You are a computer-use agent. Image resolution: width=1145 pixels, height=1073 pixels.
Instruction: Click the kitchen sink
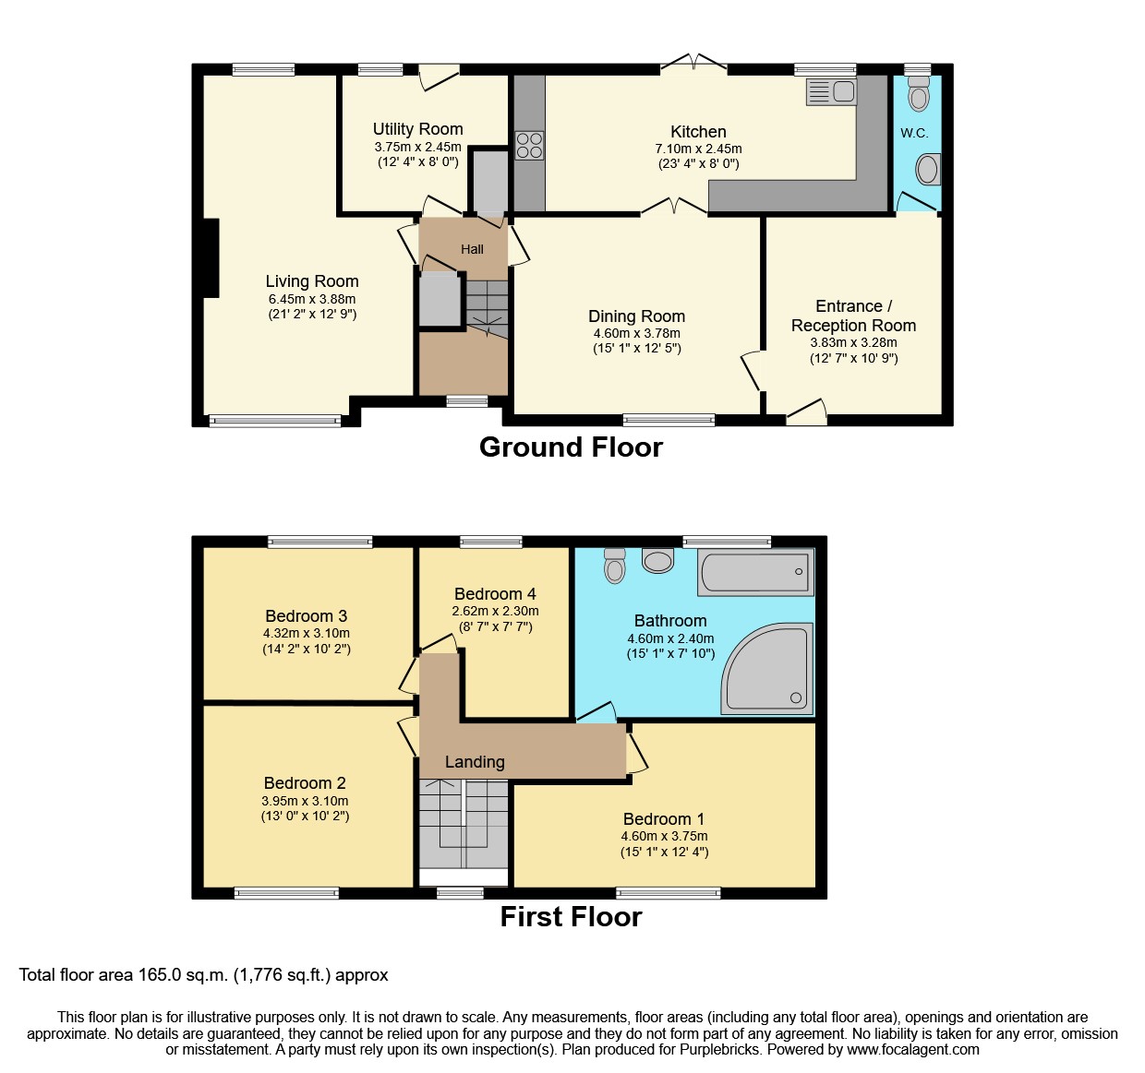[831, 91]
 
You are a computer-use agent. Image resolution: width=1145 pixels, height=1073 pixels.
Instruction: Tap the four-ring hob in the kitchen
[529, 146]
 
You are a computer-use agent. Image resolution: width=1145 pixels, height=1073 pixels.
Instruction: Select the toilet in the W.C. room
[918, 93]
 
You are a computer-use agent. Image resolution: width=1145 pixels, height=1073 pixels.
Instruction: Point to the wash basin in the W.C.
[927, 170]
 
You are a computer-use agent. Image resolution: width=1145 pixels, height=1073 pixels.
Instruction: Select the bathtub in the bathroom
[756, 572]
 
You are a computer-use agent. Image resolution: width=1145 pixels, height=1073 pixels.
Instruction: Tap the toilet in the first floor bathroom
[615, 566]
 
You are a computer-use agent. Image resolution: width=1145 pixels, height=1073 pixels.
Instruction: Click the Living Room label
[312, 281]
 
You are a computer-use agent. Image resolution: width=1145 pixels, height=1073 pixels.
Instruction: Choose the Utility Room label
[417, 129]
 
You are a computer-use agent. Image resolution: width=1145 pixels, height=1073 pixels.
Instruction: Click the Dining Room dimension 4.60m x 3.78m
[636, 333]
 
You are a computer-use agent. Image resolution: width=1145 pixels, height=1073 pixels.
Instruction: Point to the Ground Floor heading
[571, 447]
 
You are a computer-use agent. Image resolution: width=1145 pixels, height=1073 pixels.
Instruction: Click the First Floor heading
[571, 917]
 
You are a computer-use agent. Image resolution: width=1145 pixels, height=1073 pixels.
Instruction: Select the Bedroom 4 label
[495, 594]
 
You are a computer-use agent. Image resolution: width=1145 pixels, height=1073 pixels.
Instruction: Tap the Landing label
[475, 762]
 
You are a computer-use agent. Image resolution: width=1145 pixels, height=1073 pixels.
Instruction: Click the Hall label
[472, 249]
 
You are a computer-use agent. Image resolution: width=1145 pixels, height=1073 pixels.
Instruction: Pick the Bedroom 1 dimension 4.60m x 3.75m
[664, 836]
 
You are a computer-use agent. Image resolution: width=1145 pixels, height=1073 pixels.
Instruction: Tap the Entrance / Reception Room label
[853, 316]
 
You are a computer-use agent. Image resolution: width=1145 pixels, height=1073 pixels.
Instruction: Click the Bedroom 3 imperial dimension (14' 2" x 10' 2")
[307, 649]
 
